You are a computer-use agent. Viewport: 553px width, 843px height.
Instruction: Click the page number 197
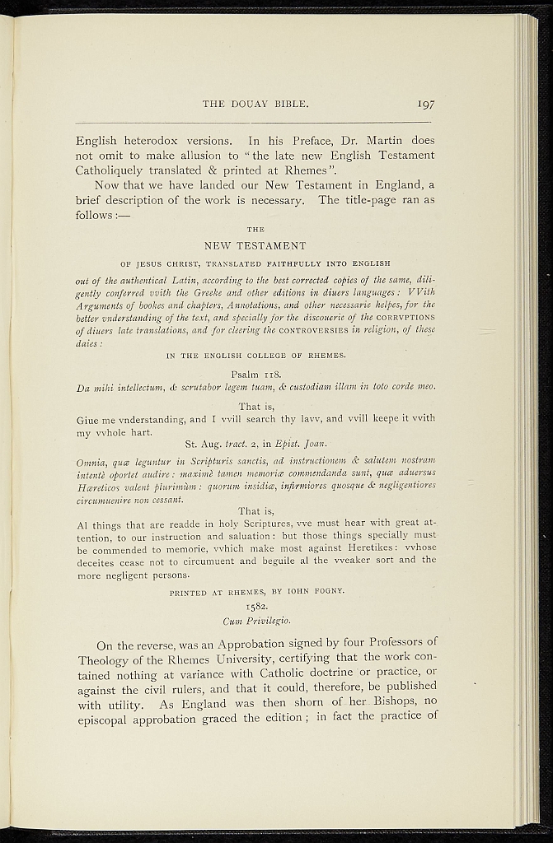pos(425,105)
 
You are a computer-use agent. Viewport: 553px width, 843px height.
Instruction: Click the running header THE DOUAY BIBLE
pos(255,105)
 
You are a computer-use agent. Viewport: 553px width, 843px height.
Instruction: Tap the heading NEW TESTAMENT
pos(255,245)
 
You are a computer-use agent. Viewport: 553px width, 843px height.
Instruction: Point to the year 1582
pos(255,608)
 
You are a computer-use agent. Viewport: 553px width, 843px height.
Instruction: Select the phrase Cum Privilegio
pos(255,621)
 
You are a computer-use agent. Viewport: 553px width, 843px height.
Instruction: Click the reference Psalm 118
pos(255,373)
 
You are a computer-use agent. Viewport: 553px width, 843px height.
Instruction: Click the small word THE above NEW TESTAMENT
pos(255,229)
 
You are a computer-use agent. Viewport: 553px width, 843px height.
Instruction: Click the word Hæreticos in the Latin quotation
pos(101,485)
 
